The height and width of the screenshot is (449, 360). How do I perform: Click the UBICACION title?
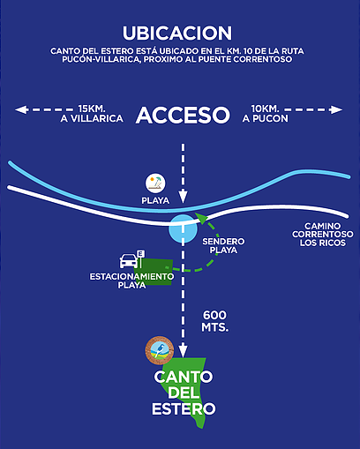(x=177, y=33)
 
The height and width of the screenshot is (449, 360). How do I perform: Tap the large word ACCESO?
(x=183, y=115)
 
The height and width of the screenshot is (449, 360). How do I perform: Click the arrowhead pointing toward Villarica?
(x=21, y=109)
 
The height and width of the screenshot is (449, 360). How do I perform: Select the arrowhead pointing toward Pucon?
(x=336, y=109)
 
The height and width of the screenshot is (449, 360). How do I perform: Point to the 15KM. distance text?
(x=92, y=109)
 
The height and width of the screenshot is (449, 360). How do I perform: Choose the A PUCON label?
(x=266, y=118)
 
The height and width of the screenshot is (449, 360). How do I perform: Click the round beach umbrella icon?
(x=155, y=183)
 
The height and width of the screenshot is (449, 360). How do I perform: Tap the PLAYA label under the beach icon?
(x=155, y=200)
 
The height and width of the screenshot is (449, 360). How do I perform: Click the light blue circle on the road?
(x=183, y=228)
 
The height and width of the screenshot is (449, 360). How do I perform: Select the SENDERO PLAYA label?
(x=223, y=246)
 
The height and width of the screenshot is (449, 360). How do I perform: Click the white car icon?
(x=129, y=261)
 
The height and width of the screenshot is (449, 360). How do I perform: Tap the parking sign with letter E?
(x=141, y=258)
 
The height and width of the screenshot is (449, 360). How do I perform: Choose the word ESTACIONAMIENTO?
(x=131, y=277)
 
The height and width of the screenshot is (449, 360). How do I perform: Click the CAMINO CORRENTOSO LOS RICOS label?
(x=323, y=235)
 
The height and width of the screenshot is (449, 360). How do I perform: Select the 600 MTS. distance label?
(x=215, y=321)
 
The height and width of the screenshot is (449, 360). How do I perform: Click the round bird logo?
(x=160, y=350)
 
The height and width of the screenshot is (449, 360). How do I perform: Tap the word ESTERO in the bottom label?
(x=184, y=409)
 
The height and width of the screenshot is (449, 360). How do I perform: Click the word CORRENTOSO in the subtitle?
(x=263, y=59)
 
